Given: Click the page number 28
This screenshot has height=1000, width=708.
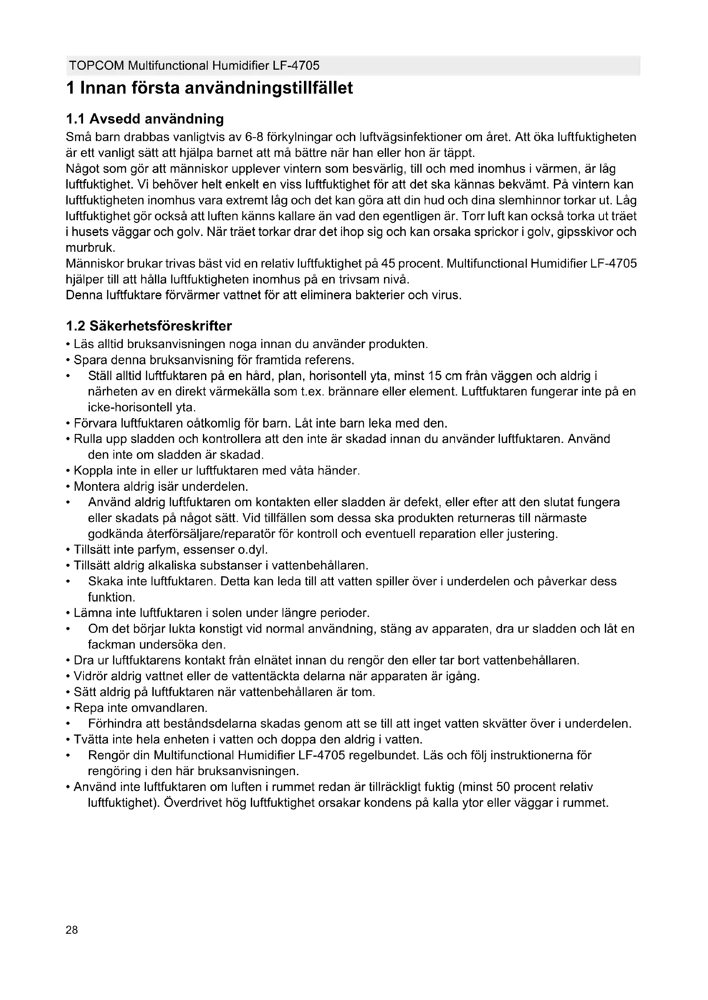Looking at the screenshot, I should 72,930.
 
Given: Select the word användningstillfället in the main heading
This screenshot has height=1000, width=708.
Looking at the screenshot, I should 269,88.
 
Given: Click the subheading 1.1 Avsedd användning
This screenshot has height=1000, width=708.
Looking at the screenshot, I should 145,119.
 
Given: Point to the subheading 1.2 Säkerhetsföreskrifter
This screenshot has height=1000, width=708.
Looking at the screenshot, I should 149,326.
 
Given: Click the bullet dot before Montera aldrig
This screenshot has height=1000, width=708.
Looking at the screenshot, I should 68,487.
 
